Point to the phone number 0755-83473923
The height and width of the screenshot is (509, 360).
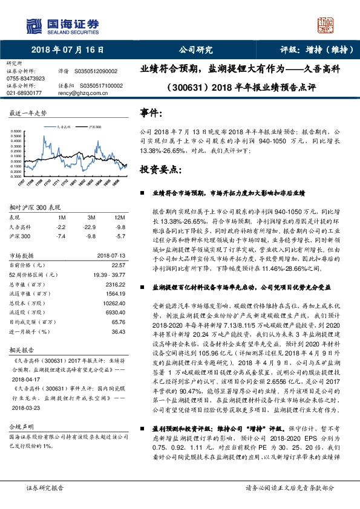(x=25, y=79)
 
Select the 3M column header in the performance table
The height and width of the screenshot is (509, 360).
(x=91, y=217)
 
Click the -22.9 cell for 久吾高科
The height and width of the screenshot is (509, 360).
(x=91, y=227)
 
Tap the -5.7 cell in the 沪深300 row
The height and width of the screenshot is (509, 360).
(x=120, y=236)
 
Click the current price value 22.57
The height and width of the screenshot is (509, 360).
(x=119, y=265)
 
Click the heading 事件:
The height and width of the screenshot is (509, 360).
(x=151, y=112)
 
